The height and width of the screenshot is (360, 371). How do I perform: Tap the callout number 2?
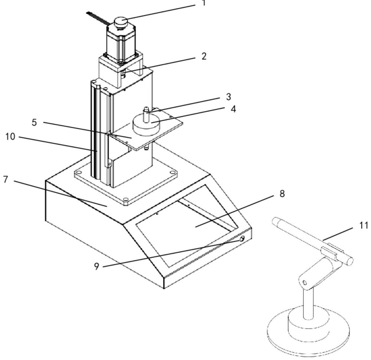(204, 56)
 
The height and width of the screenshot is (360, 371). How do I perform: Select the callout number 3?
(228, 97)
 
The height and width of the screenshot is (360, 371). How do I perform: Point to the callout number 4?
(233, 109)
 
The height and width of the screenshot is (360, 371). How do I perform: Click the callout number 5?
(34, 122)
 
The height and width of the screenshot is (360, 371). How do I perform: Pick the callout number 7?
(6, 179)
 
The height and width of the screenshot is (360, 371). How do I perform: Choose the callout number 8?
(282, 194)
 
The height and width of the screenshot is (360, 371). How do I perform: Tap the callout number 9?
(96, 267)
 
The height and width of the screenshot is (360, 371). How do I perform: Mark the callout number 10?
(10, 136)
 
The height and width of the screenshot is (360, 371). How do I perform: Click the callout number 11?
(363, 225)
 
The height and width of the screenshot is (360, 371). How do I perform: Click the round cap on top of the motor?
(121, 23)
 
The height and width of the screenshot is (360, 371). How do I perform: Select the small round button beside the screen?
(242, 239)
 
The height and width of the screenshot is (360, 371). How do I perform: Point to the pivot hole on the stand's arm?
(304, 283)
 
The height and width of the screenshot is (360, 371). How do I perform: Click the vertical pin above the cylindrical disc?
(146, 115)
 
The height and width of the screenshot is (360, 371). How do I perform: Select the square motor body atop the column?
(121, 44)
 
